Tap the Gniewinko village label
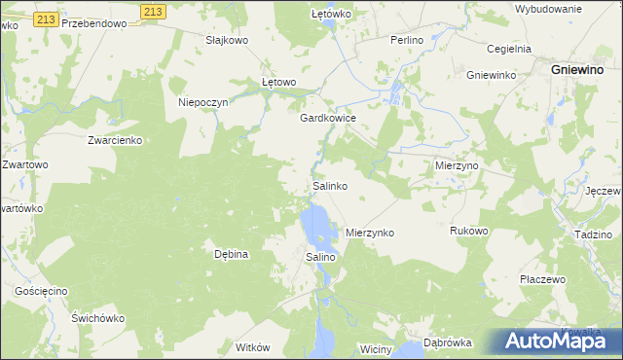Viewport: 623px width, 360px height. coord(490,75)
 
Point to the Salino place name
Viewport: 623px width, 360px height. coord(321,257)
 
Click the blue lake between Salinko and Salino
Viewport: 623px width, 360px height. coord(315,226)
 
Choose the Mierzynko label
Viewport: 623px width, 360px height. coord(370,234)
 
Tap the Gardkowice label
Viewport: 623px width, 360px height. coord(327,118)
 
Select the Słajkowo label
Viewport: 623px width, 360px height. coord(227,40)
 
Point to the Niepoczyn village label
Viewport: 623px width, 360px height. coord(202,102)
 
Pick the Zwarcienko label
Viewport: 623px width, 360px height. coord(115,140)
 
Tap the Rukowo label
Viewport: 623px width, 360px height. coord(468,232)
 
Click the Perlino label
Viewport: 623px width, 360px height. coord(406,40)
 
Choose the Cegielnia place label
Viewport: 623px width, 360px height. coord(507,48)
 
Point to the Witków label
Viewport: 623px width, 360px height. coord(252,347)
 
